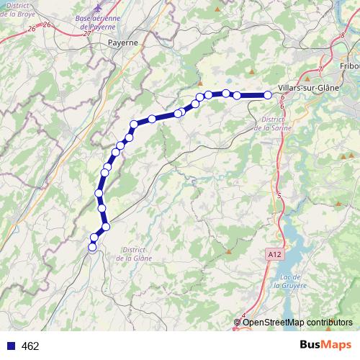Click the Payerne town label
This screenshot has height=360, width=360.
[x=122, y=42]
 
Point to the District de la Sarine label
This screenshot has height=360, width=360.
[x=271, y=123]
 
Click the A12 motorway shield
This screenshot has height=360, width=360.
[x=272, y=254]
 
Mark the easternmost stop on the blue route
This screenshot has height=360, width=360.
[x=268, y=95]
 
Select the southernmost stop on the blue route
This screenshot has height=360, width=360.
[x=92, y=248]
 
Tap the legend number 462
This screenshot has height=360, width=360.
[x=30, y=346]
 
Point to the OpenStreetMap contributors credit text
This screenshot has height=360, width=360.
[x=297, y=322]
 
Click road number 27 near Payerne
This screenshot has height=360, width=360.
[x=86, y=33]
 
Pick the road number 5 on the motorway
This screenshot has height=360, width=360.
[x=279, y=195]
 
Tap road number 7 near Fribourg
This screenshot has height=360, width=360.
[x=320, y=70]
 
